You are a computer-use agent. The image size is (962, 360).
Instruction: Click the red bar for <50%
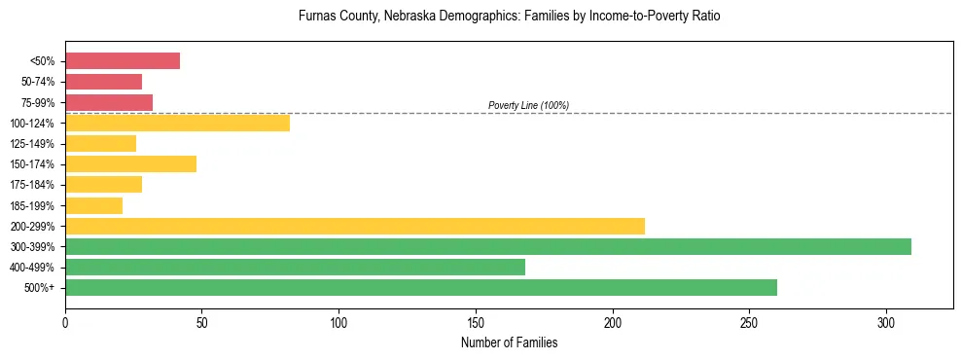coord(123,61)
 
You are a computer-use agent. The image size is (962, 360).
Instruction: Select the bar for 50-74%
coord(103,82)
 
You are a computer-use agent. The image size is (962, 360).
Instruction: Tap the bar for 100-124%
coord(177,123)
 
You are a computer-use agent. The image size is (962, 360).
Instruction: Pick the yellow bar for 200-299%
coord(355,226)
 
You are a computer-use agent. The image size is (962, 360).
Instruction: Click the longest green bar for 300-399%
coord(488,246)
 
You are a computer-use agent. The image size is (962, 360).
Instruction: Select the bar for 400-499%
coord(295,267)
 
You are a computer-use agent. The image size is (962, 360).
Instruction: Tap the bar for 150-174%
coord(130,163)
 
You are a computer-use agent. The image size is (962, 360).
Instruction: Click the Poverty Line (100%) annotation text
coord(528,105)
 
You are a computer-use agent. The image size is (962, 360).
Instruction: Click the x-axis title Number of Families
coord(509,342)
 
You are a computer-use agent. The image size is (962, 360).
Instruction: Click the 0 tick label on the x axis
coord(65,322)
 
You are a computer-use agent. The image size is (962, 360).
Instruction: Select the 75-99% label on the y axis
coord(38,103)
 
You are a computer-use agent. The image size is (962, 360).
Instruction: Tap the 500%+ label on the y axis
coord(40,288)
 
